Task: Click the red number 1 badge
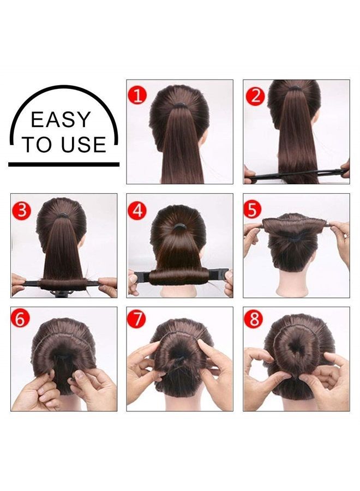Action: point(138,95)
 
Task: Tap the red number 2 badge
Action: point(255,95)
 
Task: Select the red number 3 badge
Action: point(21,209)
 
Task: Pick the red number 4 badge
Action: point(138,209)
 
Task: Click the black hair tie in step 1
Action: point(179,102)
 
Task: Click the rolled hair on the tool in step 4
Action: point(179,277)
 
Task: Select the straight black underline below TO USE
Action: point(63,164)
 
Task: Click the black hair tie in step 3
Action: point(63,215)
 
